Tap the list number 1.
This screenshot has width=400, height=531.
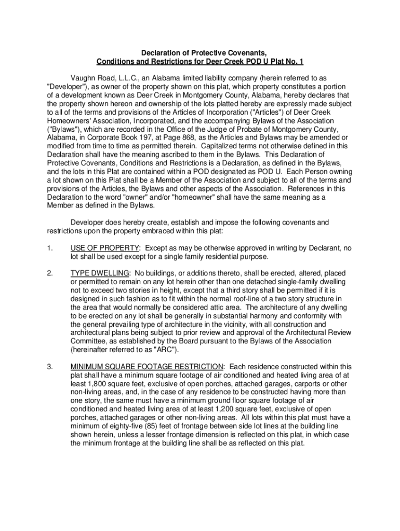pos(49,247)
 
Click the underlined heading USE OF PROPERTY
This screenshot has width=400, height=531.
pos(104,247)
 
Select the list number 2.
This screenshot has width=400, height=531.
pos(49,272)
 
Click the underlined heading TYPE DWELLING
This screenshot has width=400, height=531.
pos(100,272)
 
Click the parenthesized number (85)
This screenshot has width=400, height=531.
pos(137,426)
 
